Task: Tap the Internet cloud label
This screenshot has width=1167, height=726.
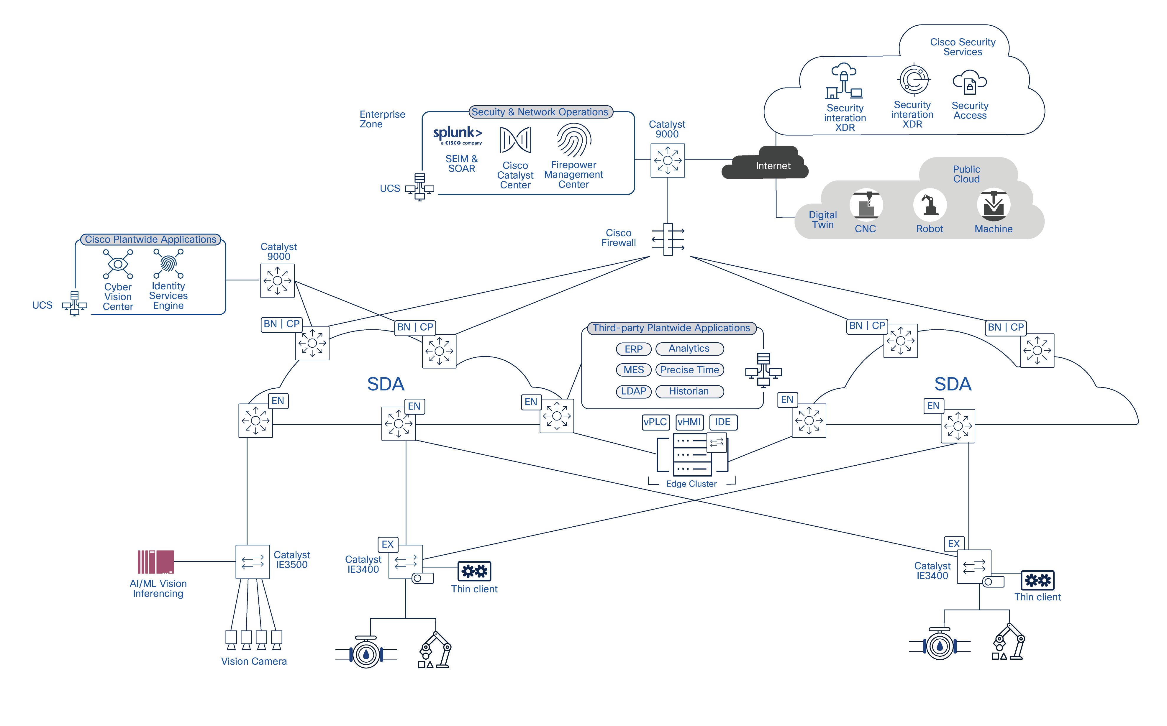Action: [x=772, y=166]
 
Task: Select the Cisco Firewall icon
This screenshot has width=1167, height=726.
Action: [x=668, y=239]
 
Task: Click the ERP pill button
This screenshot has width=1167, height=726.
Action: [x=633, y=349]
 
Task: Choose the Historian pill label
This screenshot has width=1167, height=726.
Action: [x=689, y=391]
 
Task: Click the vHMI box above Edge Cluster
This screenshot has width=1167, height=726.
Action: [x=689, y=422]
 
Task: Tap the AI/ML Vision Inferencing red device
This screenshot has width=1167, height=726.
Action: [x=155, y=562]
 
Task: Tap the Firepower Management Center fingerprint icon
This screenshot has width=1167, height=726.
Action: [x=573, y=140]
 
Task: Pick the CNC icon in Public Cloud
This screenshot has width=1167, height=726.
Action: [x=866, y=205]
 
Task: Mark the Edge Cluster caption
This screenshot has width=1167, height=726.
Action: [x=691, y=484]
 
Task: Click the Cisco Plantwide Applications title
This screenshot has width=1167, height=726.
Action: [x=150, y=239]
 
